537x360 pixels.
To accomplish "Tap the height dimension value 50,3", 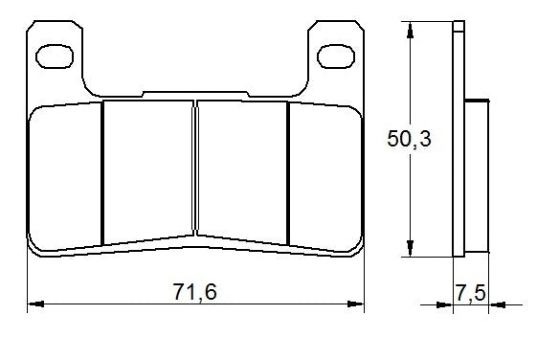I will pyautogui.click(x=409, y=140).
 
